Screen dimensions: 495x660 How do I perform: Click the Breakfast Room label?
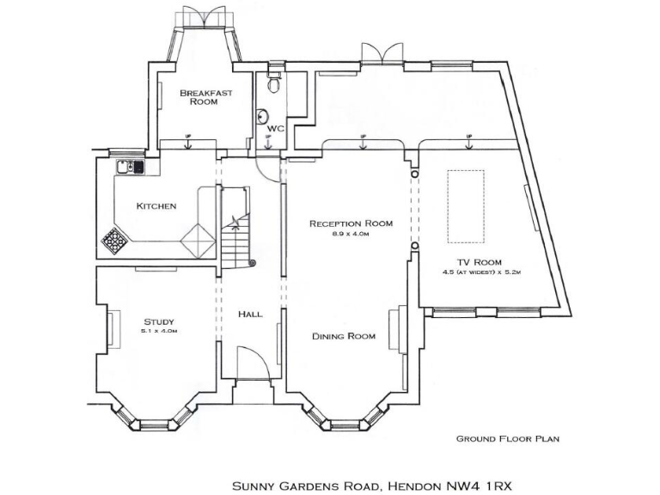204,96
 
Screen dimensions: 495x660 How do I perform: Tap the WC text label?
274,128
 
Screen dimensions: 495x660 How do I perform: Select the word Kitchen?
156,206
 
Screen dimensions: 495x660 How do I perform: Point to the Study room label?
158,322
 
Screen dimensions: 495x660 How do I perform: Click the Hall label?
250,315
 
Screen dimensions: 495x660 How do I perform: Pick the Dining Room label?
344,336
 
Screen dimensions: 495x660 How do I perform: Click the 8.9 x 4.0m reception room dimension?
351,234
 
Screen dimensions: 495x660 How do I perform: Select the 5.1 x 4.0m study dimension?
159,331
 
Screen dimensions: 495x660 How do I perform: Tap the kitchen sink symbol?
130,167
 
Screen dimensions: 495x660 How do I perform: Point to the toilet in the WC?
274,83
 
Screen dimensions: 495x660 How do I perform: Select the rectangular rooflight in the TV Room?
465,206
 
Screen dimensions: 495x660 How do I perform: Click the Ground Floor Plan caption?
507,438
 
